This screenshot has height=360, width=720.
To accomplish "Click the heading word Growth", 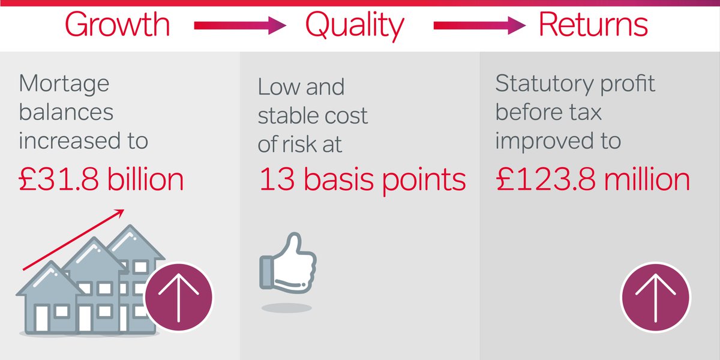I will point(117,25).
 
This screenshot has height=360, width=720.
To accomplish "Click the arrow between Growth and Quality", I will point(239,26).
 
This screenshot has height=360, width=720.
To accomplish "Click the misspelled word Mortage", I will point(64,84).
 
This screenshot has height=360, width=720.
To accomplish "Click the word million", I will point(650,179).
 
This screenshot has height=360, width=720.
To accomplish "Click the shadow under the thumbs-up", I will point(286,308).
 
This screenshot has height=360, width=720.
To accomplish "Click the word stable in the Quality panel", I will point(290,115).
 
